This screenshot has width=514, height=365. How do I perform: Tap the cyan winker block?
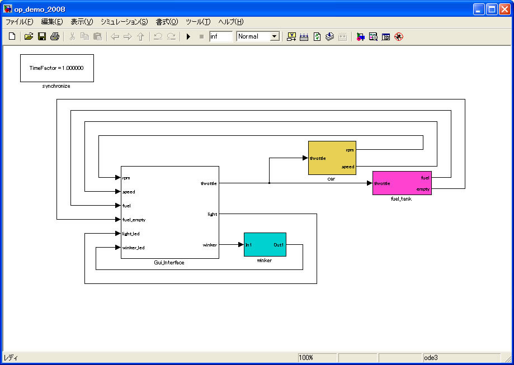point(265,244)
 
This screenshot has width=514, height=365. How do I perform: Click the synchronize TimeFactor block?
point(56,68)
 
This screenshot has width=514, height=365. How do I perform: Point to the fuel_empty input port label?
point(134,220)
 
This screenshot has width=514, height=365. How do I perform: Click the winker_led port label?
point(133,248)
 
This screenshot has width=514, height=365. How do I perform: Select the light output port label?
point(212,214)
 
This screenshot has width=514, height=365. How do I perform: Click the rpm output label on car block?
point(349,150)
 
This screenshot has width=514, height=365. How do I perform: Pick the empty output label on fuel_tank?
point(423,189)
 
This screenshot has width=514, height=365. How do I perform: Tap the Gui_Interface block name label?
point(169,262)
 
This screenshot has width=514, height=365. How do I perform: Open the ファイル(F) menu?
point(19,22)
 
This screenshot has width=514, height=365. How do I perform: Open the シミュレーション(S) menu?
point(124,22)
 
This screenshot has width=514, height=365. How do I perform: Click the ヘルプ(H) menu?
point(231,22)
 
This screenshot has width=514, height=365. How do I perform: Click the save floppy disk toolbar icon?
point(41,36)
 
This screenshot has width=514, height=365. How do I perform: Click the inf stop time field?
point(220,36)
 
